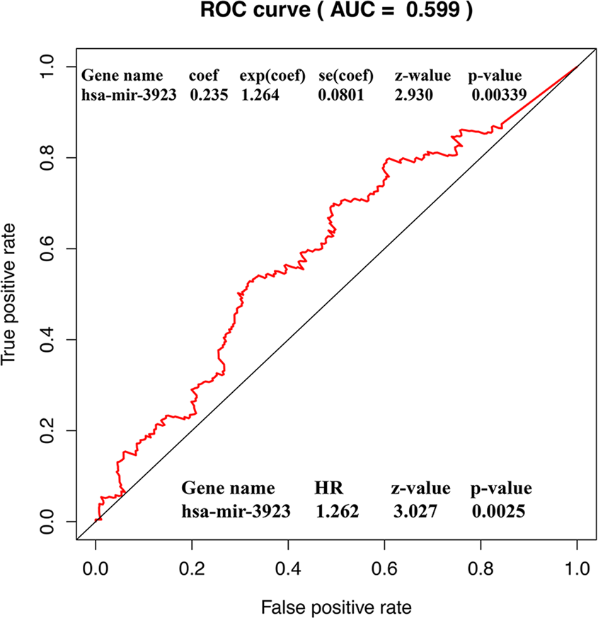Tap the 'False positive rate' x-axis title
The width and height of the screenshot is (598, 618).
pyautogui.click(x=336, y=606)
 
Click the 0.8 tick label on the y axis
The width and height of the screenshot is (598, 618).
pyautogui.click(x=49, y=157)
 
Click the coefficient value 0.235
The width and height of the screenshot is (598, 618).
pyautogui.click(x=208, y=95)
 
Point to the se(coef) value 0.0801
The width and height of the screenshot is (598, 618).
pyautogui.click(x=341, y=95)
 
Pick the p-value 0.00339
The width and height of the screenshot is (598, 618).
pyautogui.click(x=499, y=95)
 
